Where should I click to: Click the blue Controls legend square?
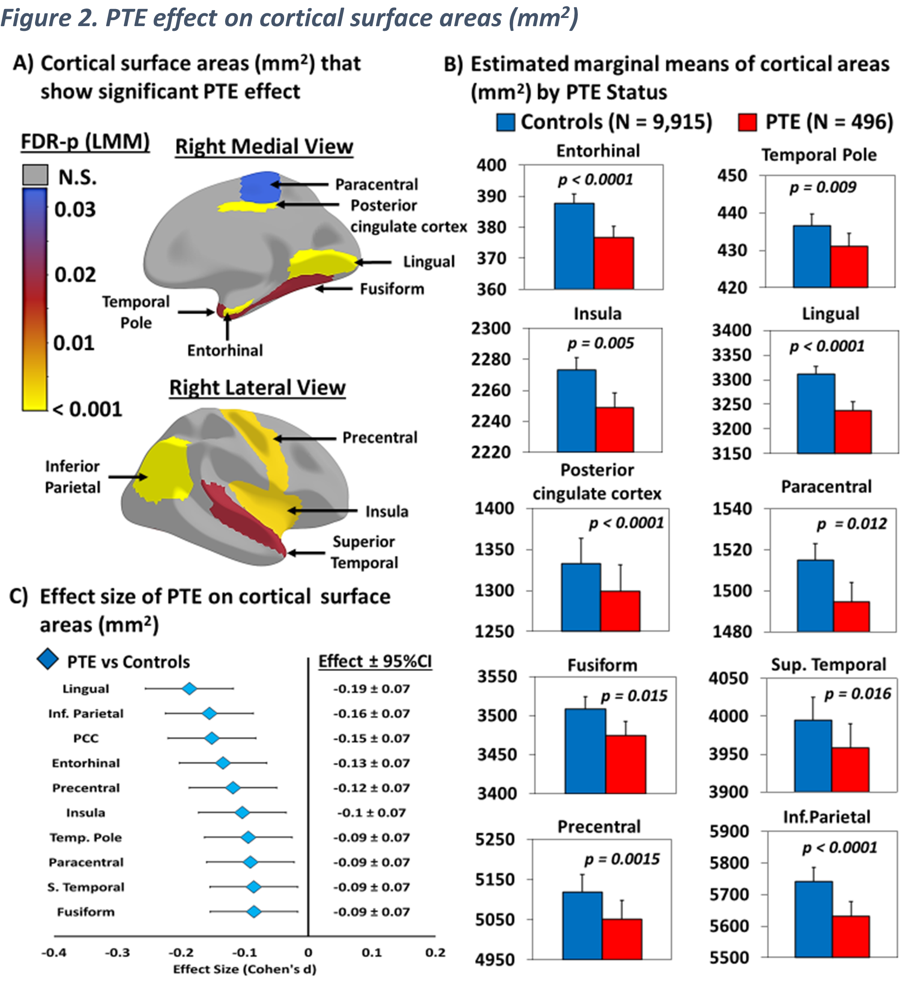[505, 122]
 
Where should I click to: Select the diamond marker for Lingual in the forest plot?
[189, 688]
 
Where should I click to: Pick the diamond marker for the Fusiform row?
[254, 912]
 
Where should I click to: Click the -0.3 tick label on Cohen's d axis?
[117, 952]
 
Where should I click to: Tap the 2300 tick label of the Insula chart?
[491, 328]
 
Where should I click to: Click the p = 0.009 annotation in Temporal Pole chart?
[823, 187]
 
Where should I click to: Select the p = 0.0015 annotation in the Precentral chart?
[622, 858]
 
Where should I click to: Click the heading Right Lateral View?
[257, 387]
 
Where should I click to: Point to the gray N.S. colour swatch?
[35, 176]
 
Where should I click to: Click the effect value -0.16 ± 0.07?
[371, 713]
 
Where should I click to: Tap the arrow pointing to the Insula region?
[322, 510]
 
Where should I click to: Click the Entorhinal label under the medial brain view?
[225, 350]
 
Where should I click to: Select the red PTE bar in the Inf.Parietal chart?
[850, 936]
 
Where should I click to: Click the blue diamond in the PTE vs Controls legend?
[48, 660]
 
